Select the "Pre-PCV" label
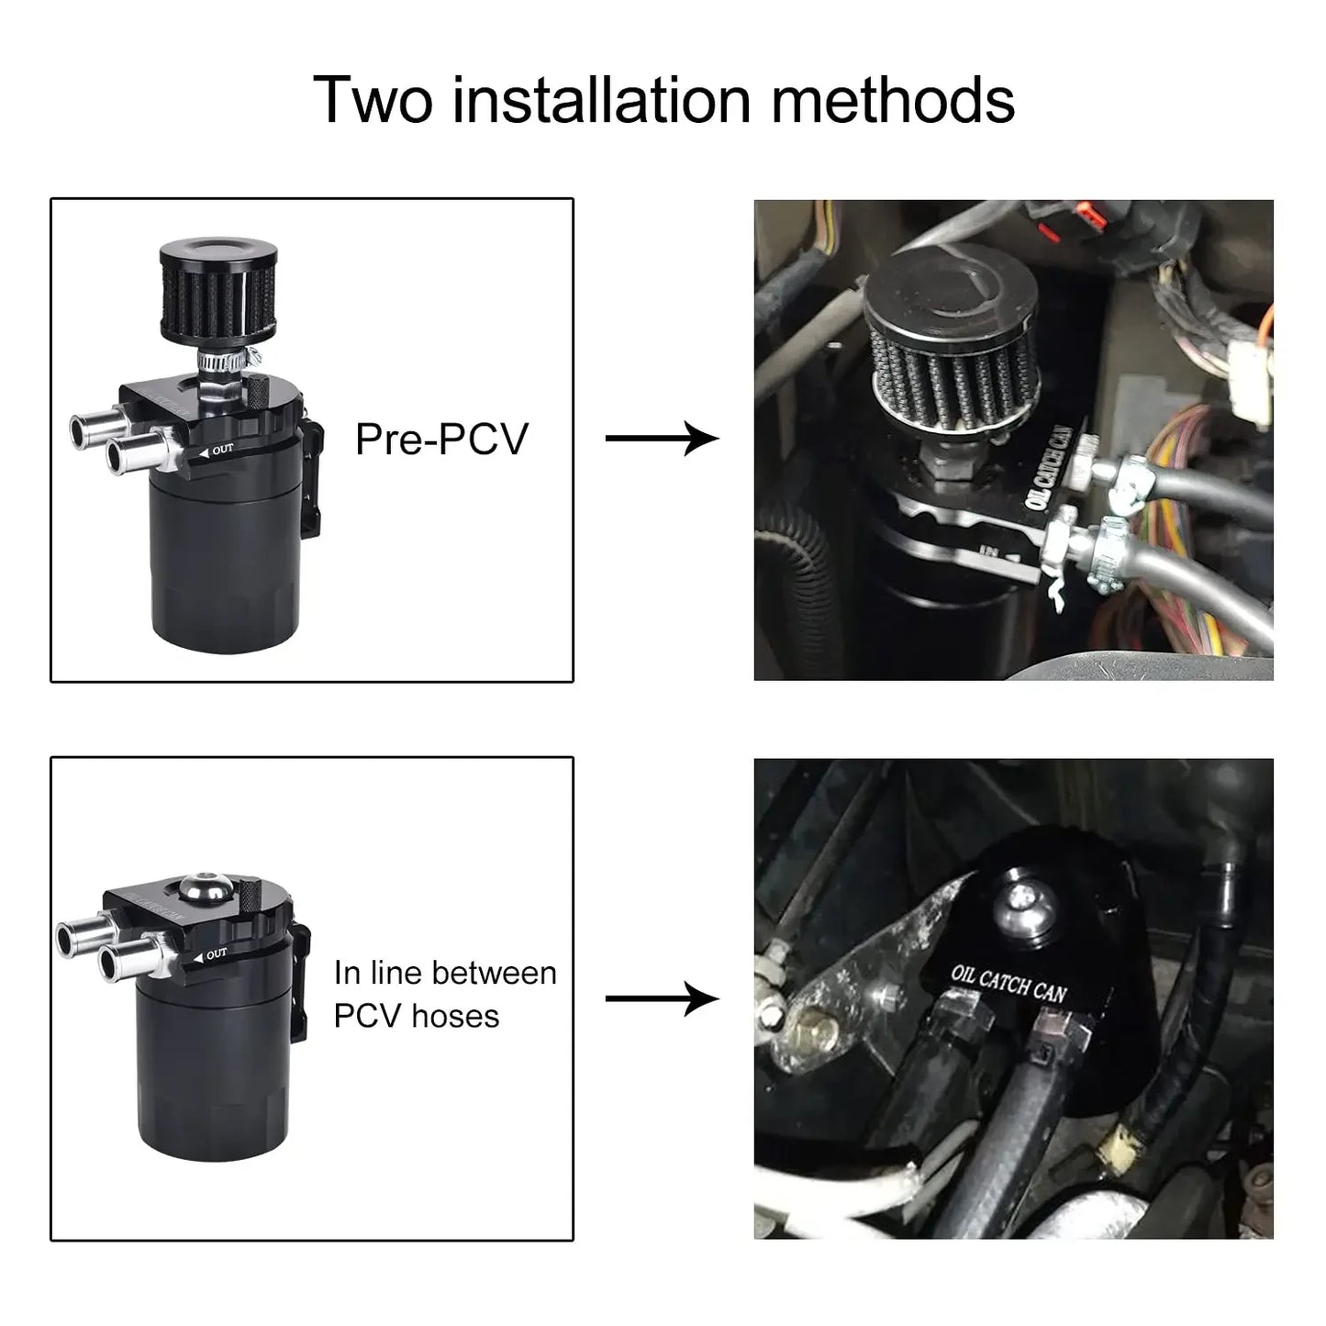[441, 439]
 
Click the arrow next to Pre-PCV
[661, 439]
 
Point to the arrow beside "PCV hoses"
[661, 998]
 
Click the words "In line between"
[445, 973]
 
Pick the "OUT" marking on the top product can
[221, 451]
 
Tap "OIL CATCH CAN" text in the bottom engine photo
[1008, 983]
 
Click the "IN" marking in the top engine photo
[989, 551]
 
